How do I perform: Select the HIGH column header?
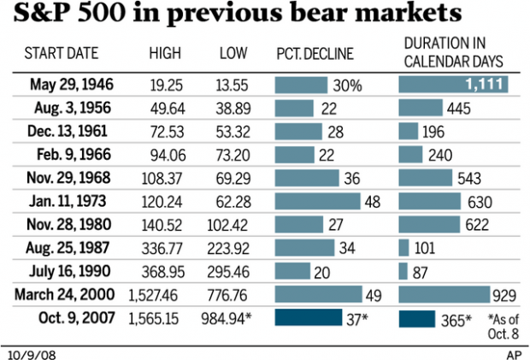pyautogui.click(x=164, y=53)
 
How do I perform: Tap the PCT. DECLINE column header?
pyautogui.click(x=314, y=53)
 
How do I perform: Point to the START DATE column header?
pyautogui.click(x=62, y=53)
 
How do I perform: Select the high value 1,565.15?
pyautogui.click(x=156, y=318)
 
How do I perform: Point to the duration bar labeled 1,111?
pyautogui.click(x=453, y=86)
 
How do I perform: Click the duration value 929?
pyautogui.click(x=502, y=295)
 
